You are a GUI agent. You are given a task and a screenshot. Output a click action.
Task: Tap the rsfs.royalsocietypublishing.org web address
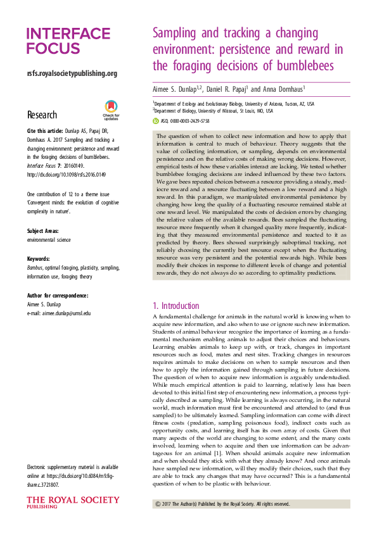click(x=72, y=73)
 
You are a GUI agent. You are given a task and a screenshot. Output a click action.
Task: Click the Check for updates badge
click(x=112, y=110)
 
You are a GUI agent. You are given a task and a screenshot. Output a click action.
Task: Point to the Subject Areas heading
click(x=47, y=232)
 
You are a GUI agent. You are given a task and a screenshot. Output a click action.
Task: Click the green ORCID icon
click(x=155, y=119)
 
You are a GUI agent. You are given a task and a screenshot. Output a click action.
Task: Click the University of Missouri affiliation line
click(x=212, y=110)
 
